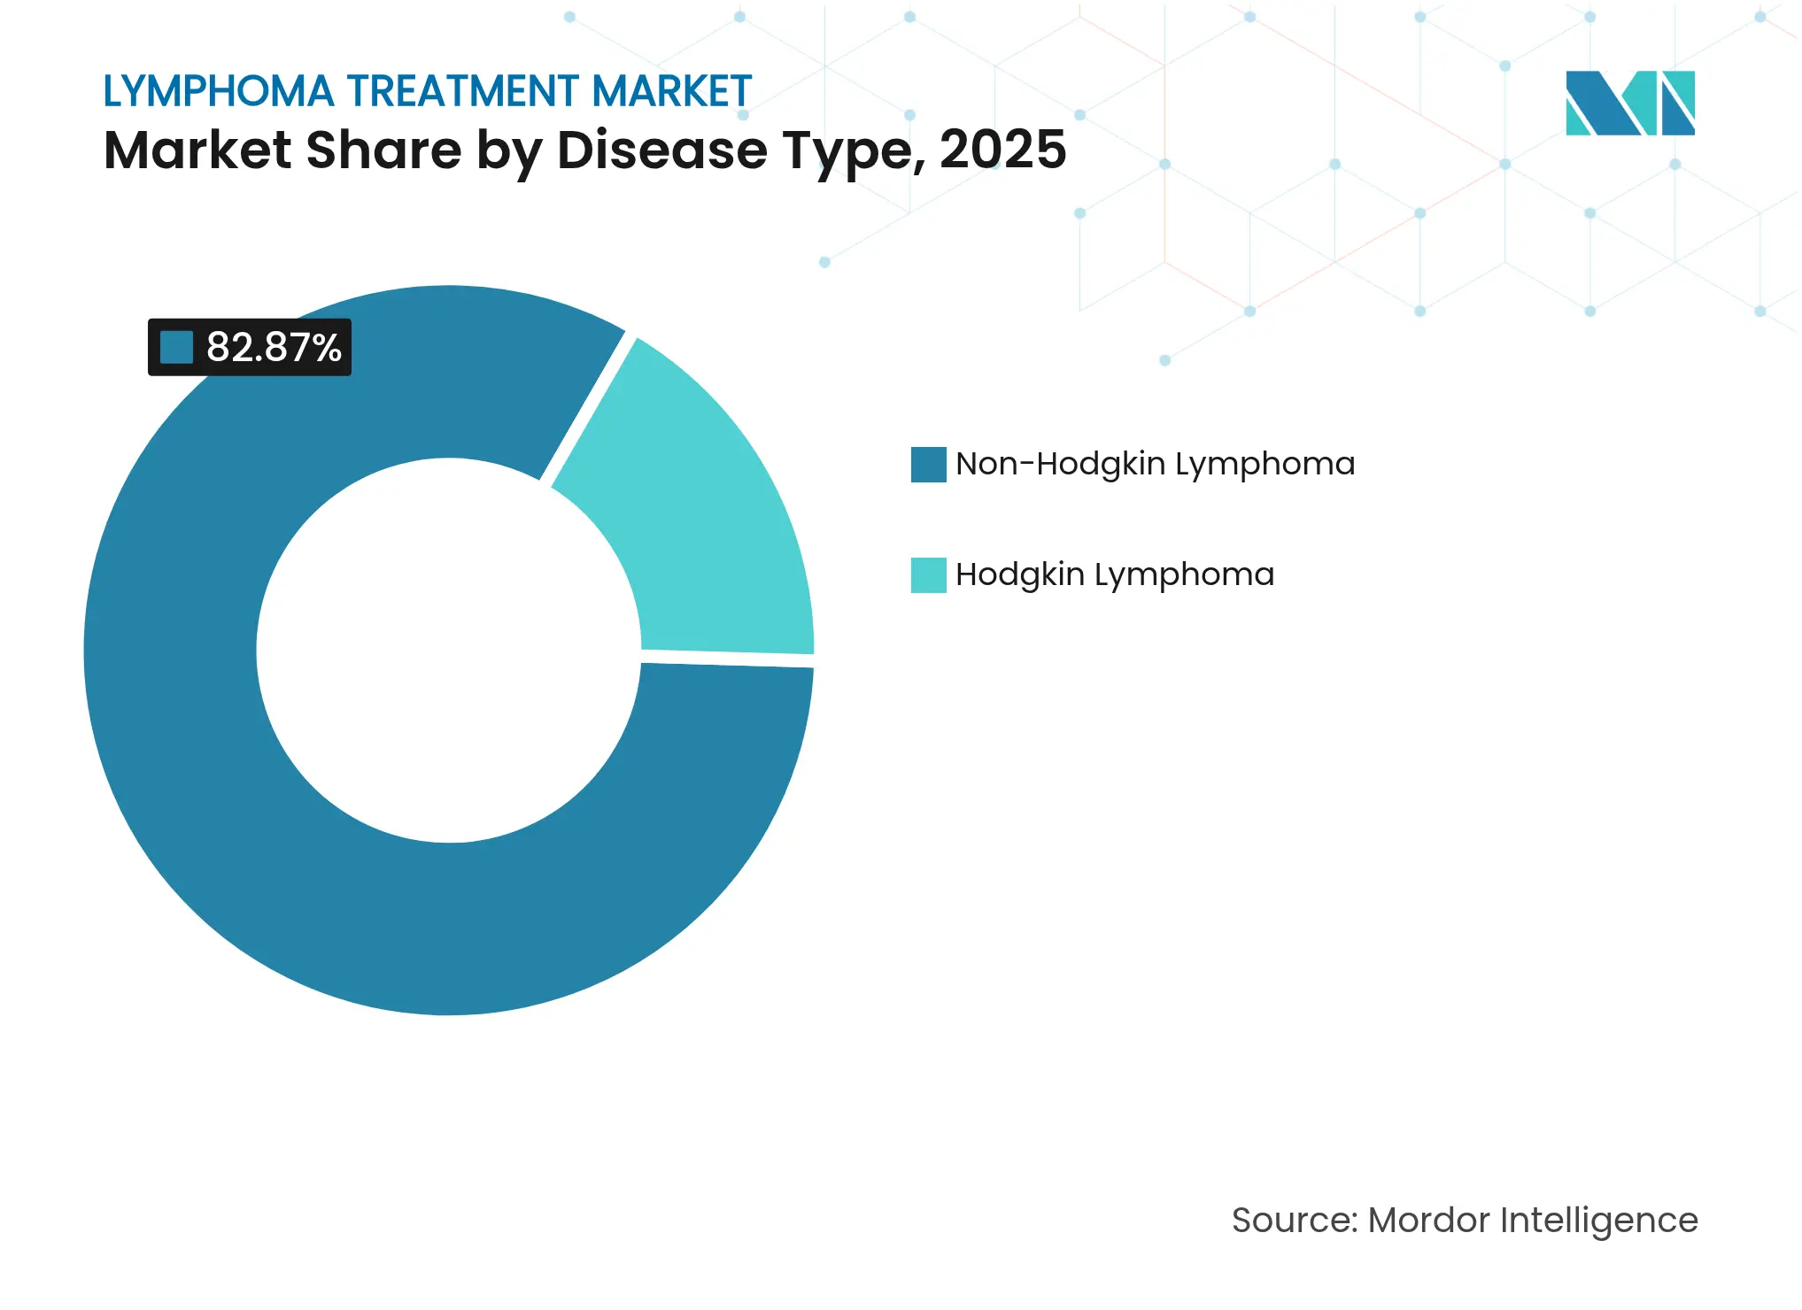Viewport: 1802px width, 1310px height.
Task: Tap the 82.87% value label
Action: [x=274, y=347]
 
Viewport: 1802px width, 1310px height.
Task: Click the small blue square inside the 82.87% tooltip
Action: [x=176, y=347]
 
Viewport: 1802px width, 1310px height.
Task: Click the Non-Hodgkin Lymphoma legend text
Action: [x=1155, y=464]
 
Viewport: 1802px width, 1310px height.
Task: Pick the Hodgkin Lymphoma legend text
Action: [x=1114, y=574]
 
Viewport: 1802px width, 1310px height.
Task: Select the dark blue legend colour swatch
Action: [x=928, y=465]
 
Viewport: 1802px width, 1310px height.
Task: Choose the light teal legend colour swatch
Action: [x=928, y=575]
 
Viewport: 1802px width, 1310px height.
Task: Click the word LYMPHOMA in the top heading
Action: [x=219, y=91]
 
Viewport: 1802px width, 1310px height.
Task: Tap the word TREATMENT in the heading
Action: [x=463, y=91]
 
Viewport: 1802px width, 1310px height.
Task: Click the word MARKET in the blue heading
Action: [x=671, y=91]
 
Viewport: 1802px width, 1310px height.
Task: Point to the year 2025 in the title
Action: [x=1002, y=150]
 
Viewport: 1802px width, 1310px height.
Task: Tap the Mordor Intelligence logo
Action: [x=1629, y=103]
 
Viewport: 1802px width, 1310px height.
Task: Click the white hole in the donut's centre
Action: [x=449, y=651]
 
